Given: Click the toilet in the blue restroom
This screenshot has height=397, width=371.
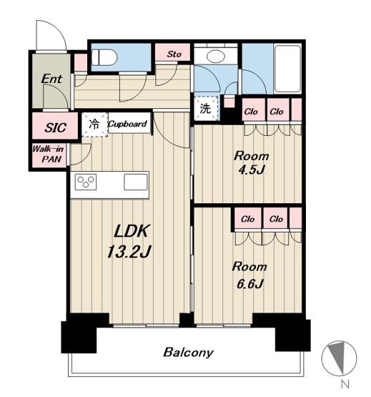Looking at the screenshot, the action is pyautogui.click(x=104, y=57).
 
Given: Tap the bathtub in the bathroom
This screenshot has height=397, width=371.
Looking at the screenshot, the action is pyautogui.click(x=287, y=69).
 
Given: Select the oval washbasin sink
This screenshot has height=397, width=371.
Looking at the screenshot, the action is pyautogui.click(x=216, y=57).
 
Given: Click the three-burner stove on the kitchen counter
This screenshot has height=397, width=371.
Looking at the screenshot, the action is pyautogui.click(x=86, y=182).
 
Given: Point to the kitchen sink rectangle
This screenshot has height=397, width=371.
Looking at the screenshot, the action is pyautogui.click(x=136, y=182).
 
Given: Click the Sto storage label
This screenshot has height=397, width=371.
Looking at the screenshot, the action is pyautogui.click(x=174, y=54).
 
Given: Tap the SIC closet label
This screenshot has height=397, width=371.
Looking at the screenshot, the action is pyautogui.click(x=56, y=127).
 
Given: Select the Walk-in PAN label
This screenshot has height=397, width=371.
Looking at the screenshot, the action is pyautogui.click(x=48, y=154).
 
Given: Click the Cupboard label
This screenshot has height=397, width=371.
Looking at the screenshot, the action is pyautogui.click(x=127, y=124).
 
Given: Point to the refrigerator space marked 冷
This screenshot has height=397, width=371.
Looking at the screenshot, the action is pyautogui.click(x=94, y=124).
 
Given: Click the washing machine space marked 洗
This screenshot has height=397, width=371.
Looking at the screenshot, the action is pyautogui.click(x=205, y=108).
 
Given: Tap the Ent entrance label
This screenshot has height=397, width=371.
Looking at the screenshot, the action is pyautogui.click(x=51, y=79).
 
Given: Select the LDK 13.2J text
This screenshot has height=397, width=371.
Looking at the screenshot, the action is pyautogui.click(x=129, y=241).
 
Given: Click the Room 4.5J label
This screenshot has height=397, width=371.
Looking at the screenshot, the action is pyautogui.click(x=251, y=163).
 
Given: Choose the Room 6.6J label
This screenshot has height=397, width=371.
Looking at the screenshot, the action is pyautogui.click(x=249, y=275).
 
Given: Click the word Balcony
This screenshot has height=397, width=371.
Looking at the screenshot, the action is pyautogui.click(x=188, y=353).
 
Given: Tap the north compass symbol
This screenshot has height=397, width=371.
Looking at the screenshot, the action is pyautogui.click(x=339, y=358).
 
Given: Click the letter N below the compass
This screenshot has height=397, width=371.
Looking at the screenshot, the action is pyautogui.click(x=345, y=384).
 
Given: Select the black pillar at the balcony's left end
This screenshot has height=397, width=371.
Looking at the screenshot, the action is pyautogui.click(x=79, y=333).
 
